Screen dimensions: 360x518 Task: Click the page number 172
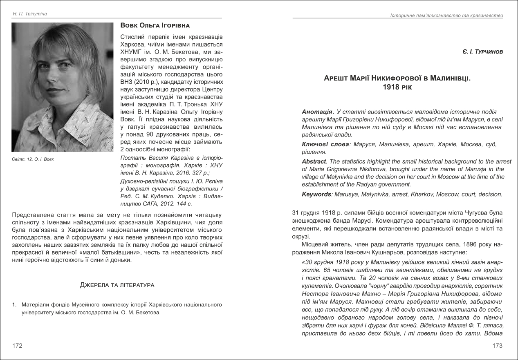[17, 346]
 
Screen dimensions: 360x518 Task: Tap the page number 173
[497, 346]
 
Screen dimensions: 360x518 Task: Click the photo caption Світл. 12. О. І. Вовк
[33, 159]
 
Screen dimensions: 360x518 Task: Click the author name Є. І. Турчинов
[483, 52]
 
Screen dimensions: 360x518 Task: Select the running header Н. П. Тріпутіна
[29, 14]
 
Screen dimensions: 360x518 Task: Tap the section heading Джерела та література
[117, 285]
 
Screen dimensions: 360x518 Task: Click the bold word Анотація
[317, 112]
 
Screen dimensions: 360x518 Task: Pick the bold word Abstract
[314, 161]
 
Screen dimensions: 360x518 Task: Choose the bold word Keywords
[317, 195]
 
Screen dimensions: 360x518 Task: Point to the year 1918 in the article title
[391, 87]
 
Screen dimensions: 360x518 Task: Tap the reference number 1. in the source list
[14, 304]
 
